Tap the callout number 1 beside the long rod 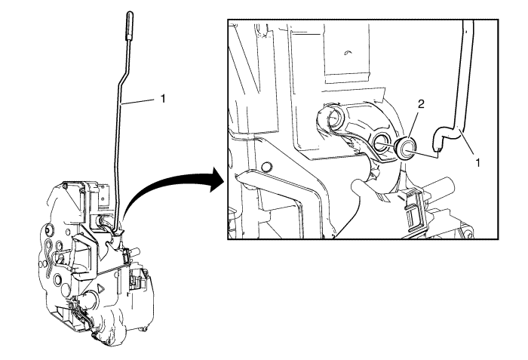point(163,98)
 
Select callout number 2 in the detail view point(421,104)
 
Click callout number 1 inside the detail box point(477,163)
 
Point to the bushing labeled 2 point(406,149)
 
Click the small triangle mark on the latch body point(100,288)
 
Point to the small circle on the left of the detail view point(267,167)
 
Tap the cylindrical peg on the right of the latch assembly point(135,251)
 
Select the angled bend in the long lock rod point(123,75)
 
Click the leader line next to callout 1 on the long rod point(140,101)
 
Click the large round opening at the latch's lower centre point(93,299)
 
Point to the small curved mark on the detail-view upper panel point(348,52)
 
